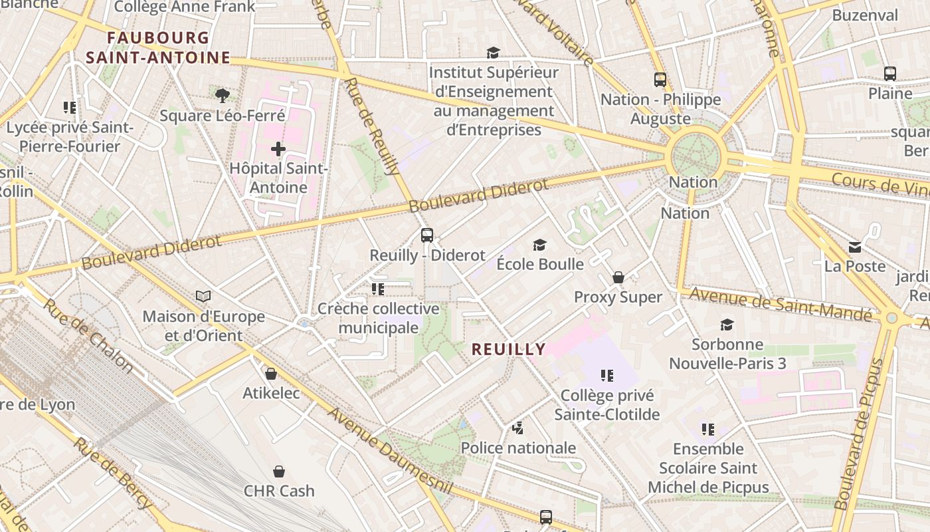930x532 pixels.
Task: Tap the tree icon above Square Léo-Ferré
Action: click(223, 95)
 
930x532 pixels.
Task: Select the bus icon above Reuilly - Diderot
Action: click(427, 235)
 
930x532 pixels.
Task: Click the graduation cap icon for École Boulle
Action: click(540, 245)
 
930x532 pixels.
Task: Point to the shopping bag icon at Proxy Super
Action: click(618, 277)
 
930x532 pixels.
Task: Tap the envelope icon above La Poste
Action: click(855, 247)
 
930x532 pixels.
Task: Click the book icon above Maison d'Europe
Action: click(203, 296)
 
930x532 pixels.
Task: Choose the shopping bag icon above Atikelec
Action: click(271, 374)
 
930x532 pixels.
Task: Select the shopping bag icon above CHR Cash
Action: click(279, 471)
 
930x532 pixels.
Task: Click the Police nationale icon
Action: click(518, 428)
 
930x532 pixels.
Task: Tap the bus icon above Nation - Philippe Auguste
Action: click(660, 80)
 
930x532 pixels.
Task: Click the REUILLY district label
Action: click(509, 349)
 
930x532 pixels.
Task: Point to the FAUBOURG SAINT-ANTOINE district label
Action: click(157, 48)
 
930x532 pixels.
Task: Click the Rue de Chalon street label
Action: click(88, 336)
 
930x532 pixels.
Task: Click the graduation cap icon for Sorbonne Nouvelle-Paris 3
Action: click(727, 325)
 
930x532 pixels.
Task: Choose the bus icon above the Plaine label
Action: click(890, 74)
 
